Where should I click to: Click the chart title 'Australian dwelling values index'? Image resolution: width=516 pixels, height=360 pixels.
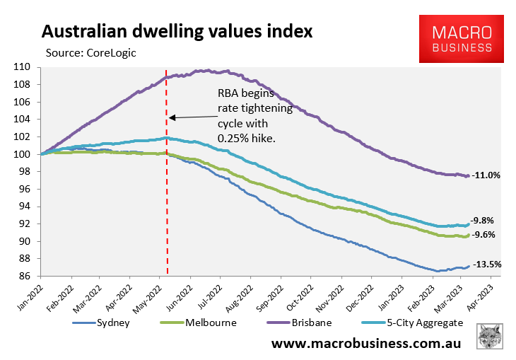pyautogui.click(x=177, y=32)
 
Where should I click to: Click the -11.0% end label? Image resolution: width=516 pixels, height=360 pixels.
pyautogui.click(x=486, y=175)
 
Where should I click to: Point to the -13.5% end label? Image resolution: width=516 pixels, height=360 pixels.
pyautogui.click(x=486, y=265)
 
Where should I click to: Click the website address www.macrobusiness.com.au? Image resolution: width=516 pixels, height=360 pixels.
pyautogui.click(x=368, y=344)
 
